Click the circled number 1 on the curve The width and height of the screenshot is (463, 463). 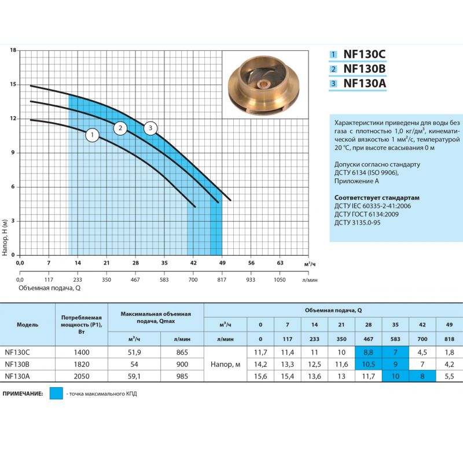(x=92, y=135)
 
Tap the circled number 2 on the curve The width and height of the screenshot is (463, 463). (x=120, y=128)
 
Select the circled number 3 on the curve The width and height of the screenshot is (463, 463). (x=150, y=128)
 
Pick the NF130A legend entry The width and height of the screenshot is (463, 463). (x=364, y=83)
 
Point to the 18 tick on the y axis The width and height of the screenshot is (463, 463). (x=13, y=50)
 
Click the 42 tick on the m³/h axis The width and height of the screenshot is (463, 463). (x=193, y=263)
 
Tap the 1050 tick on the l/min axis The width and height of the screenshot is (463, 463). (x=280, y=279)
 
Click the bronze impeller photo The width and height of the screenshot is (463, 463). (x=266, y=85)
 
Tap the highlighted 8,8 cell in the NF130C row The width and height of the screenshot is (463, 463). (x=367, y=352)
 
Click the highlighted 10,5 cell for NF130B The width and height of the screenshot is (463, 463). (x=367, y=364)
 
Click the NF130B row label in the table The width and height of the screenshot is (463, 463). (x=17, y=364)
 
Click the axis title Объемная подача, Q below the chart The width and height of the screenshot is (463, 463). (x=49, y=288)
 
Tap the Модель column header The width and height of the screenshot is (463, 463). (x=27, y=325)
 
